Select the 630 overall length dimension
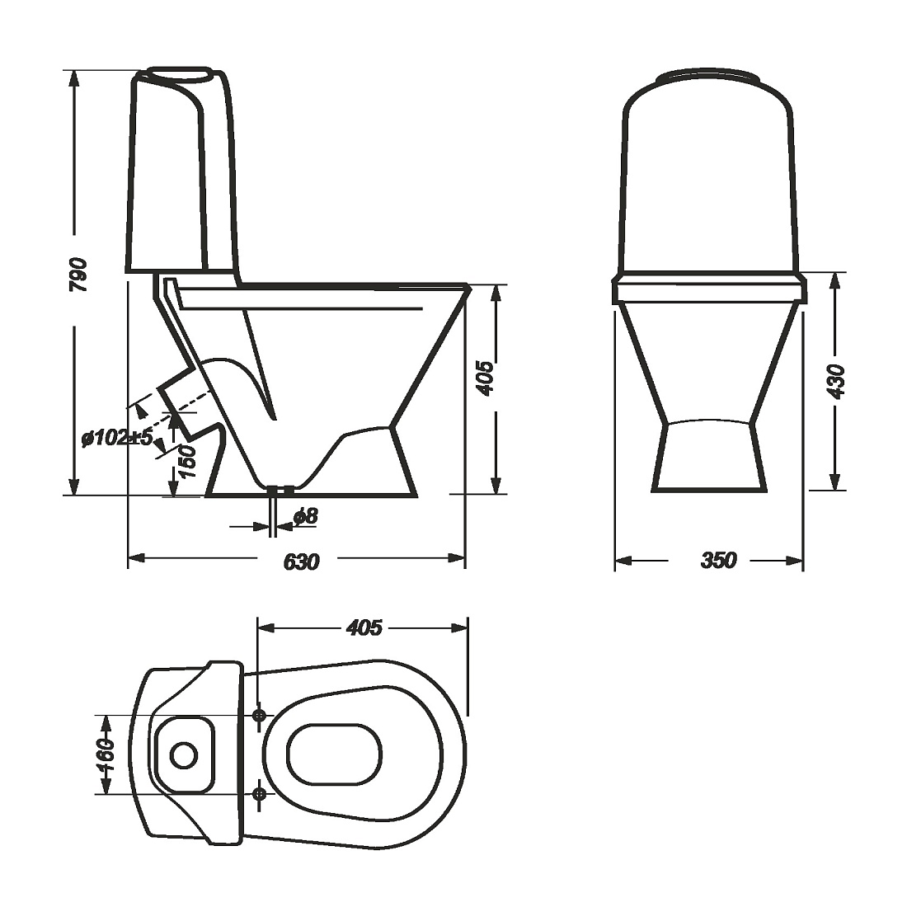tap(301, 562)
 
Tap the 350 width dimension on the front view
tap(717, 561)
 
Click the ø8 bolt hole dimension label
tap(305, 517)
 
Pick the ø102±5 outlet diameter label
tap(117, 438)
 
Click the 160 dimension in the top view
tap(106, 754)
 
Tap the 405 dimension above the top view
tap(364, 627)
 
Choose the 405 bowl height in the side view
tap(486, 378)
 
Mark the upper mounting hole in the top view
tap(259, 716)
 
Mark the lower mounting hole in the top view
tap(259, 793)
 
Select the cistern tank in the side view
tap(177, 173)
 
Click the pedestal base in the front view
tap(708, 458)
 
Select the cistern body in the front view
tap(708, 181)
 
